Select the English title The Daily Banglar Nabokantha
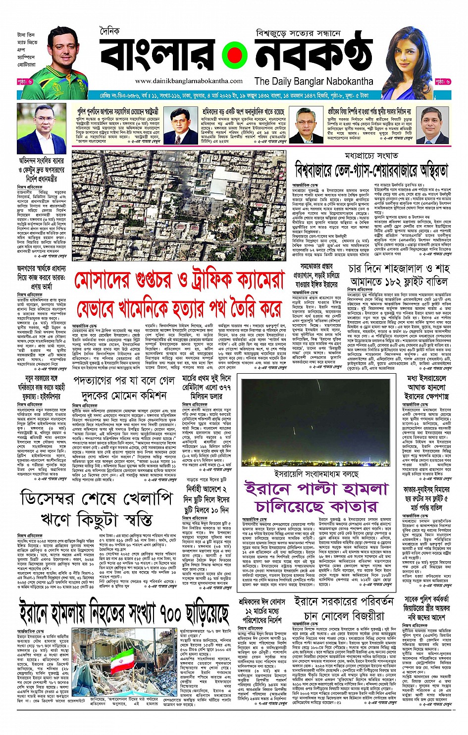point(313,81)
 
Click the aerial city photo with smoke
point(178,205)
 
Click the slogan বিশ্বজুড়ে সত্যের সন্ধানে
point(298,34)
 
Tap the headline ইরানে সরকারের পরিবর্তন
point(343,601)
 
